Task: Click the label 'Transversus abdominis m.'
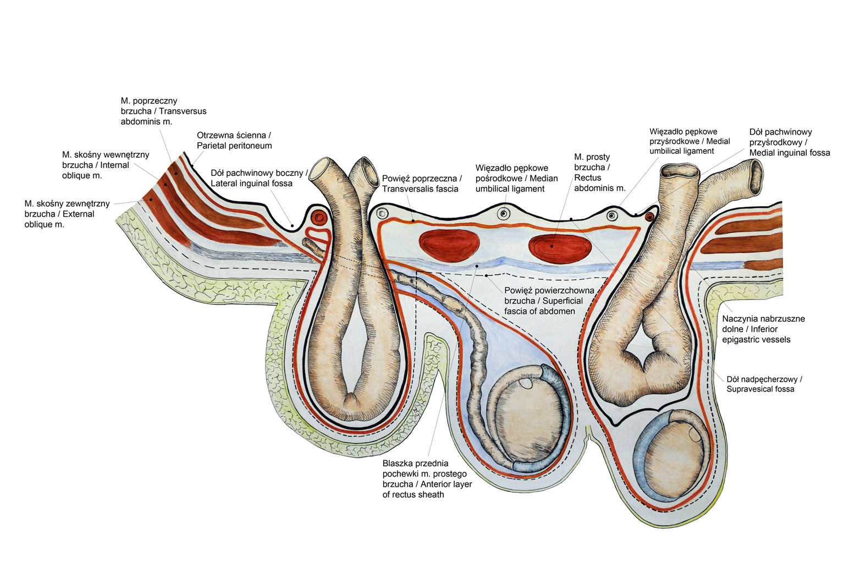pos(163,111)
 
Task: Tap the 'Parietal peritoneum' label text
pos(234,140)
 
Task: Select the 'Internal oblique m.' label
pos(106,165)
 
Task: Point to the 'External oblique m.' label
pos(67,214)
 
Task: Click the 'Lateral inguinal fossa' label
pos(258,178)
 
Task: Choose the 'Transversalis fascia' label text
pos(422,184)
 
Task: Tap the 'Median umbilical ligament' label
pos(516,178)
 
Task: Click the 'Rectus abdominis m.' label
pos(599,172)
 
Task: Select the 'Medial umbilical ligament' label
pos(690,141)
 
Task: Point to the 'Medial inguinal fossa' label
pos(789,142)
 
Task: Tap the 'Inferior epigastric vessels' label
pos(763,329)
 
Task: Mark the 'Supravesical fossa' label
pos(764,384)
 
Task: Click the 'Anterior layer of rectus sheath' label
pos(427,479)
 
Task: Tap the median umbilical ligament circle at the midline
pos(503,214)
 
